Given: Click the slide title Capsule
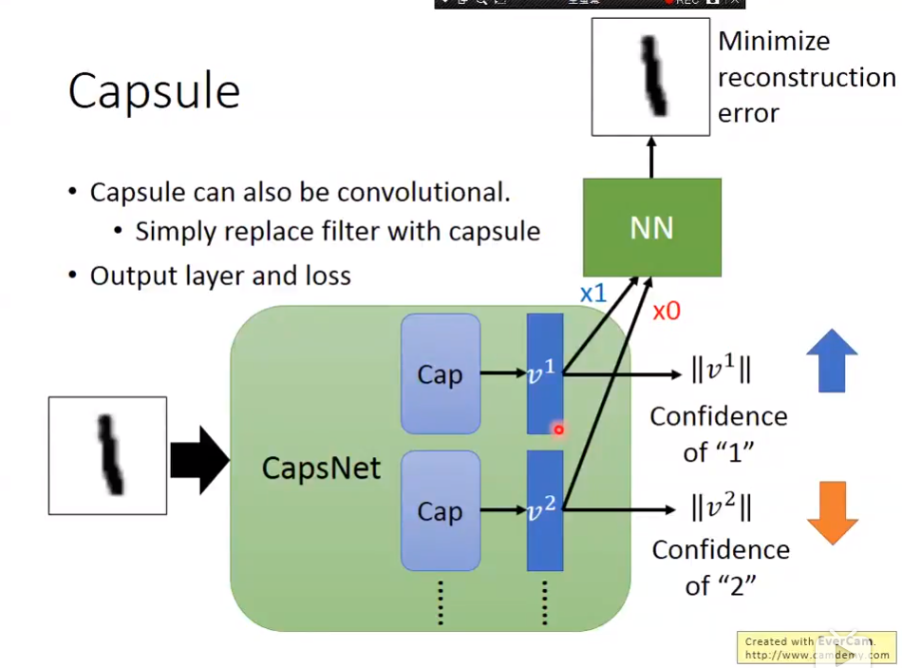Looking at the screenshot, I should click(154, 92).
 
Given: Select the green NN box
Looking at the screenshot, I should click(651, 227).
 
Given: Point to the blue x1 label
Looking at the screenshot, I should click(592, 294).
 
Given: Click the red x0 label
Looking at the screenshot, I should click(667, 311).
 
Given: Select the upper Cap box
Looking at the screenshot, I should click(440, 374).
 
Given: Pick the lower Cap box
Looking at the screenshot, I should click(440, 511).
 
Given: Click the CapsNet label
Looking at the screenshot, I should click(321, 468).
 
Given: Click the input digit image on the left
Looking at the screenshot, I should click(107, 456).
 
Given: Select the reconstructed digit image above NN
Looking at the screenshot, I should click(650, 77).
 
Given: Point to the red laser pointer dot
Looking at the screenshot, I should click(558, 429).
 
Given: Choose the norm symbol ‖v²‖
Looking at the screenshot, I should click(722, 507).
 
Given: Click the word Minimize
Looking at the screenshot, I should click(774, 42).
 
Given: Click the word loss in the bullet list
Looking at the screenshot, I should click(328, 277).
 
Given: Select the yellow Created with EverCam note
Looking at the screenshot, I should click(817, 648).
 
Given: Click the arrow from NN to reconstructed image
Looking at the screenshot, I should click(651, 157).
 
